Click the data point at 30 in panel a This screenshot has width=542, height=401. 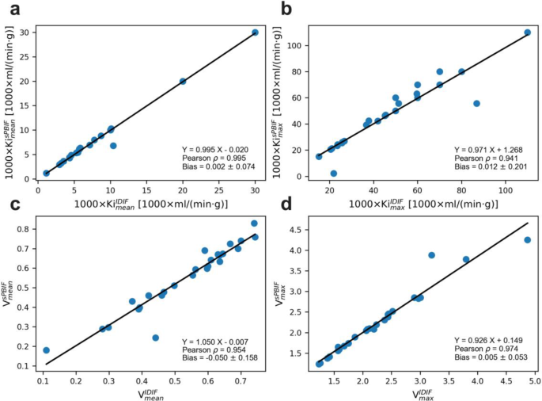click(255, 32)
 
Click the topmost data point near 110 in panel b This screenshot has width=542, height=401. click(527, 32)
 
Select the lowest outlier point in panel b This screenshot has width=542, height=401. click(333, 173)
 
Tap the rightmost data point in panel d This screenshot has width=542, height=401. click(527, 240)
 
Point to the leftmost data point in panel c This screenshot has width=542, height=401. click(46, 350)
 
